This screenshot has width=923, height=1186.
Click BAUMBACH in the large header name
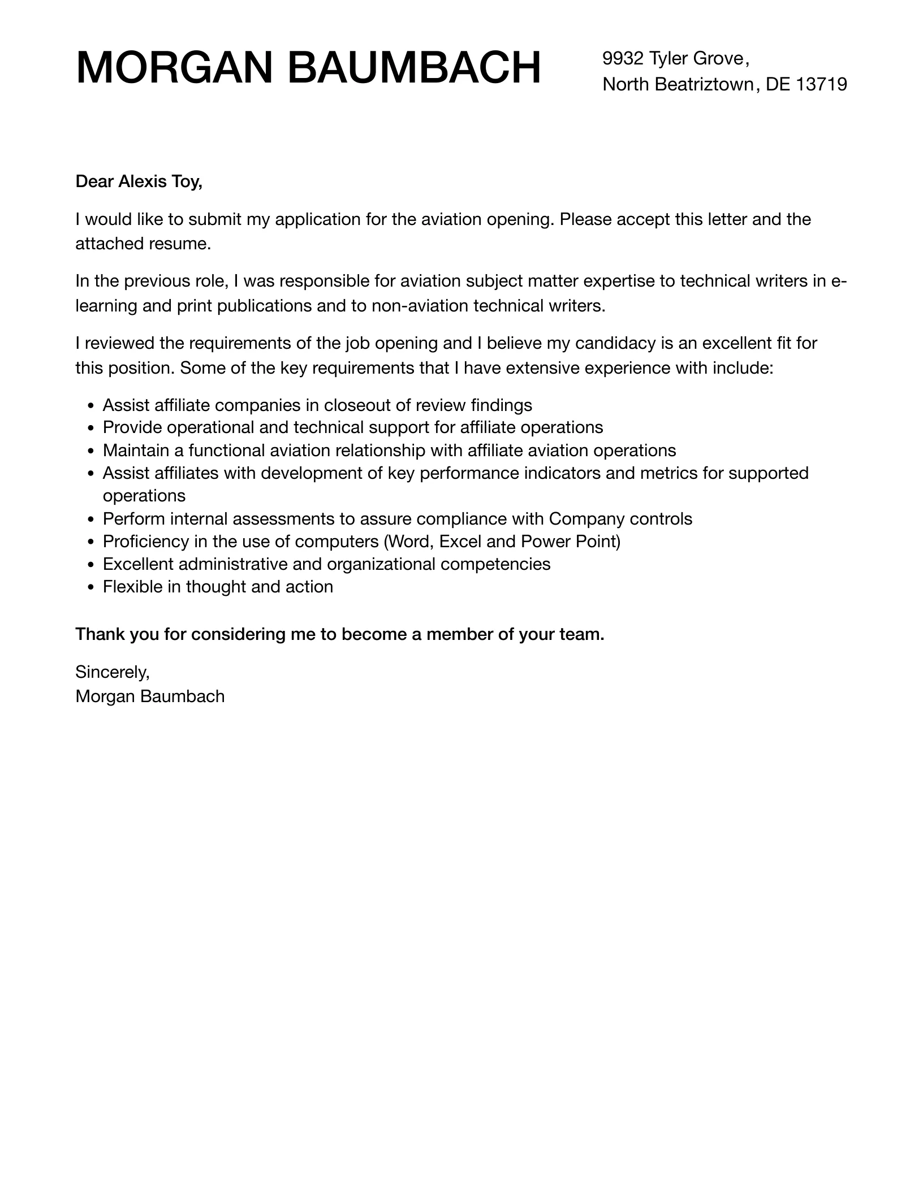pos(415,68)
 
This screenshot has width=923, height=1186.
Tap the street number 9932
pos(623,58)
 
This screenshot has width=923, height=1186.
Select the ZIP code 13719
pos(822,84)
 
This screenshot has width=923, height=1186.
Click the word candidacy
pos(606,343)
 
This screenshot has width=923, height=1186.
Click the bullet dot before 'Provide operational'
pos(92,428)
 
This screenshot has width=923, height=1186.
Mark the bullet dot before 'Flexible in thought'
pos(92,588)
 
